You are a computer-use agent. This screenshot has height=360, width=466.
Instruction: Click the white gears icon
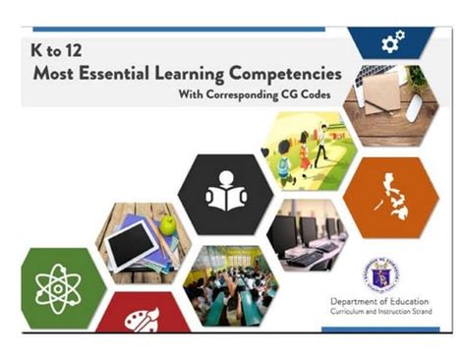pos(392,41)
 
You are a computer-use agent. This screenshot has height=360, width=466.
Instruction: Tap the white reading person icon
pos(225,194)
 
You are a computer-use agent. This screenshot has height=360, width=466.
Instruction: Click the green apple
pos(168,225)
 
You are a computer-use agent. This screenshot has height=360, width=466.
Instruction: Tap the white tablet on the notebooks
pos(133,246)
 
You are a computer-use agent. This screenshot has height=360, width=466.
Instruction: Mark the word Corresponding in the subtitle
pos(243,96)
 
